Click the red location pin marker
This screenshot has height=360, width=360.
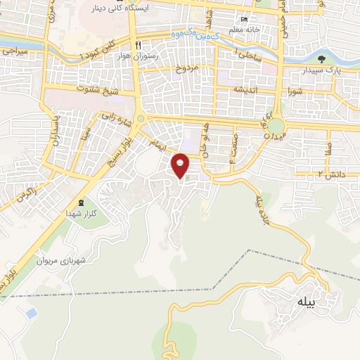tap(181, 165)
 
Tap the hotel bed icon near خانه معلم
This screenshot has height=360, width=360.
tap(244, 20)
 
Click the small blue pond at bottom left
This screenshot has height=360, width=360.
tap(30, 311)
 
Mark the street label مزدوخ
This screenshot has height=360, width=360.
tap(191, 69)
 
